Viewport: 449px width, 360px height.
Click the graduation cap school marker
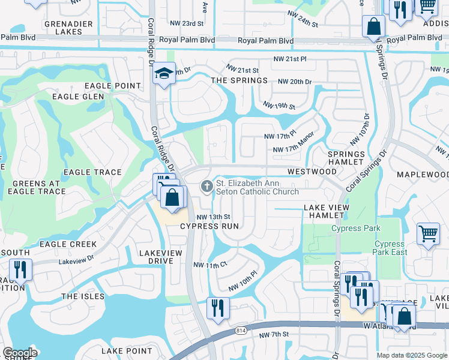163,74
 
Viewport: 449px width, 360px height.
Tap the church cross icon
207,186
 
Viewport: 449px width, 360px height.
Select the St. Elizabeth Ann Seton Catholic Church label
257,187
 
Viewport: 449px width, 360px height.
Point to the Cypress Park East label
390,248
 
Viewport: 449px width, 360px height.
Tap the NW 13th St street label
214,217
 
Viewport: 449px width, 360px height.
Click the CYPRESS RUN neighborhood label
209,226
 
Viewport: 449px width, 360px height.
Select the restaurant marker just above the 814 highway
217,308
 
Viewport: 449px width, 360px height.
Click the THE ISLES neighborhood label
82,296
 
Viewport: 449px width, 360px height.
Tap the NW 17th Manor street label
294,150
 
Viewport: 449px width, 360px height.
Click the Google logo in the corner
20,353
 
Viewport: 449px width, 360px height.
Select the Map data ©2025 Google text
412,355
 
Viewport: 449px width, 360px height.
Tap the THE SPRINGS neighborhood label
239,80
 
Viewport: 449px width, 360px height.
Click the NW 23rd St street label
184,23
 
